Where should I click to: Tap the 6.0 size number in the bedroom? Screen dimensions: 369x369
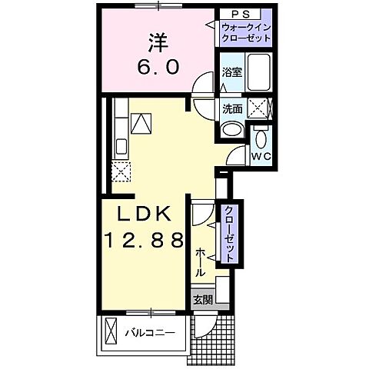click(160, 68)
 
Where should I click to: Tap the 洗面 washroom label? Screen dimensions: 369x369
click(232, 109)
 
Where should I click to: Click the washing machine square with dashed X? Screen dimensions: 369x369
click(262, 109)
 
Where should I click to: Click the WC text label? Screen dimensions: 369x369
click(262, 158)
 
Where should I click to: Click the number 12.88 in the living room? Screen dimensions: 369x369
click(142, 241)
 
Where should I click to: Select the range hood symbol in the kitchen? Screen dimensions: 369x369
click(141, 121)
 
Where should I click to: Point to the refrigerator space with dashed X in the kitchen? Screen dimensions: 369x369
click(121, 171)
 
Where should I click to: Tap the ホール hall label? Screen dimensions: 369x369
click(200, 261)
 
